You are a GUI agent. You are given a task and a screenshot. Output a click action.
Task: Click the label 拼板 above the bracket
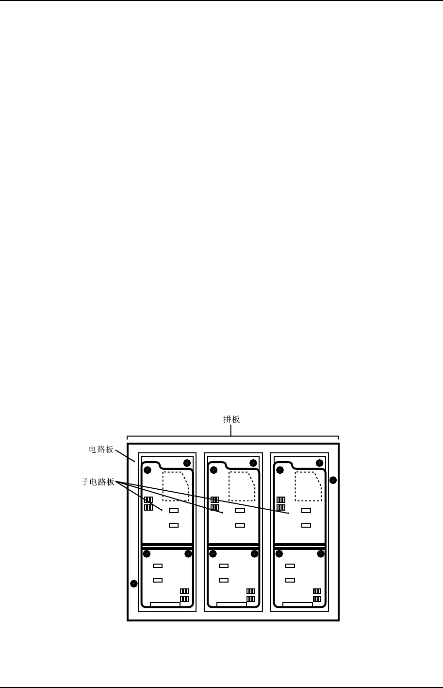(x=231, y=419)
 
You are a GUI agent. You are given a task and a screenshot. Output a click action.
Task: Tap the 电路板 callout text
(x=101, y=449)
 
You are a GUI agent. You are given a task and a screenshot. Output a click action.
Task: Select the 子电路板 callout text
(x=98, y=482)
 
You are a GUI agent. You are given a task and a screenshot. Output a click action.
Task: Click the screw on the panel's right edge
(x=333, y=480)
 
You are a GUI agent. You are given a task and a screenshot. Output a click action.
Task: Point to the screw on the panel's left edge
(x=134, y=583)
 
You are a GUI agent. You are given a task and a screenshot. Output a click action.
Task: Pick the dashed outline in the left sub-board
(x=176, y=486)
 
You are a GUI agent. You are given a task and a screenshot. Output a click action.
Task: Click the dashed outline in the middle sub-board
(x=242, y=486)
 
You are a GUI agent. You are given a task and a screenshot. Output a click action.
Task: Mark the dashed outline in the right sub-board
(x=308, y=486)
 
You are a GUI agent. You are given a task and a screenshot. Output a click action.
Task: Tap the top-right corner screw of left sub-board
(x=187, y=463)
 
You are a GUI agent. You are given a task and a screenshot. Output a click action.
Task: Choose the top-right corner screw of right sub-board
(x=319, y=463)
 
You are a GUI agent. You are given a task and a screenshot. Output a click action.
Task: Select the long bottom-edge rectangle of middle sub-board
(x=231, y=604)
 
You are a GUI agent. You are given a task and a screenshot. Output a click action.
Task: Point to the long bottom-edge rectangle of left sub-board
(x=165, y=604)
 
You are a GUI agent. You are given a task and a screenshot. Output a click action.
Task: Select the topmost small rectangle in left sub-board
(x=174, y=511)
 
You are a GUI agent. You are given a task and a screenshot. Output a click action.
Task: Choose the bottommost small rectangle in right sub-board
(x=290, y=580)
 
